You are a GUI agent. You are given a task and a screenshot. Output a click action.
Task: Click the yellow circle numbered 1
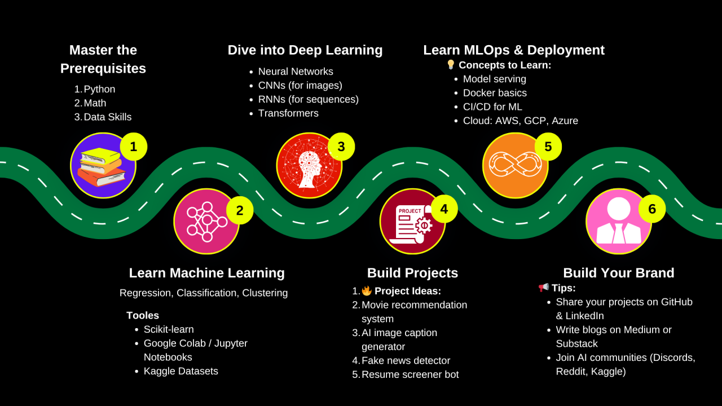pyautogui.click(x=134, y=147)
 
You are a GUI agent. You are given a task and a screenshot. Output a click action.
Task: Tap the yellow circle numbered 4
pyautogui.click(x=444, y=209)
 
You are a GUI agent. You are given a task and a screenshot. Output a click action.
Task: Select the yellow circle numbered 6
pyautogui.click(x=652, y=209)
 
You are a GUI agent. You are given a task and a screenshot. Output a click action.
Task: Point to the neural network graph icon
pyautogui.click(x=206, y=222)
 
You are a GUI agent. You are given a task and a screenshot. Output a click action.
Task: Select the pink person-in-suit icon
pyautogui.click(x=619, y=222)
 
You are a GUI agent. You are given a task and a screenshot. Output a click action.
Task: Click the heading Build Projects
pyautogui.click(x=412, y=273)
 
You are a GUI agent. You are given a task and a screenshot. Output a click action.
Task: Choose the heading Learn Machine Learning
pyautogui.click(x=206, y=273)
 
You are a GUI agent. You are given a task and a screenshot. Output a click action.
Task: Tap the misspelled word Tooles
pyautogui.click(x=143, y=315)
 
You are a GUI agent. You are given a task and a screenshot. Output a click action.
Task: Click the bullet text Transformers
pyautogui.click(x=288, y=113)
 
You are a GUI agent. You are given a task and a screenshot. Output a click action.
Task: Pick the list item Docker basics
pyautogui.click(x=495, y=93)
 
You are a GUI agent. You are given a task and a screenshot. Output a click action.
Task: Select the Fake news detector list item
pyautogui.click(x=406, y=360)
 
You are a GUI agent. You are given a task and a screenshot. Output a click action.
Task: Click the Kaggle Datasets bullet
pyautogui.click(x=180, y=371)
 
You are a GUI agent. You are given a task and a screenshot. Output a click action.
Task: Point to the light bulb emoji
pyautogui.click(x=451, y=65)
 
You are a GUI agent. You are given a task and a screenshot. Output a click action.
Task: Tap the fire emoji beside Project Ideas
pyautogui.click(x=367, y=291)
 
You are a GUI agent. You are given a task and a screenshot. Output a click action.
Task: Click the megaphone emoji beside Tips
pyautogui.click(x=544, y=288)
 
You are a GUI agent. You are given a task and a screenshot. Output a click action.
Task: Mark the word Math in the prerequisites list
pyautogui.click(x=95, y=103)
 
